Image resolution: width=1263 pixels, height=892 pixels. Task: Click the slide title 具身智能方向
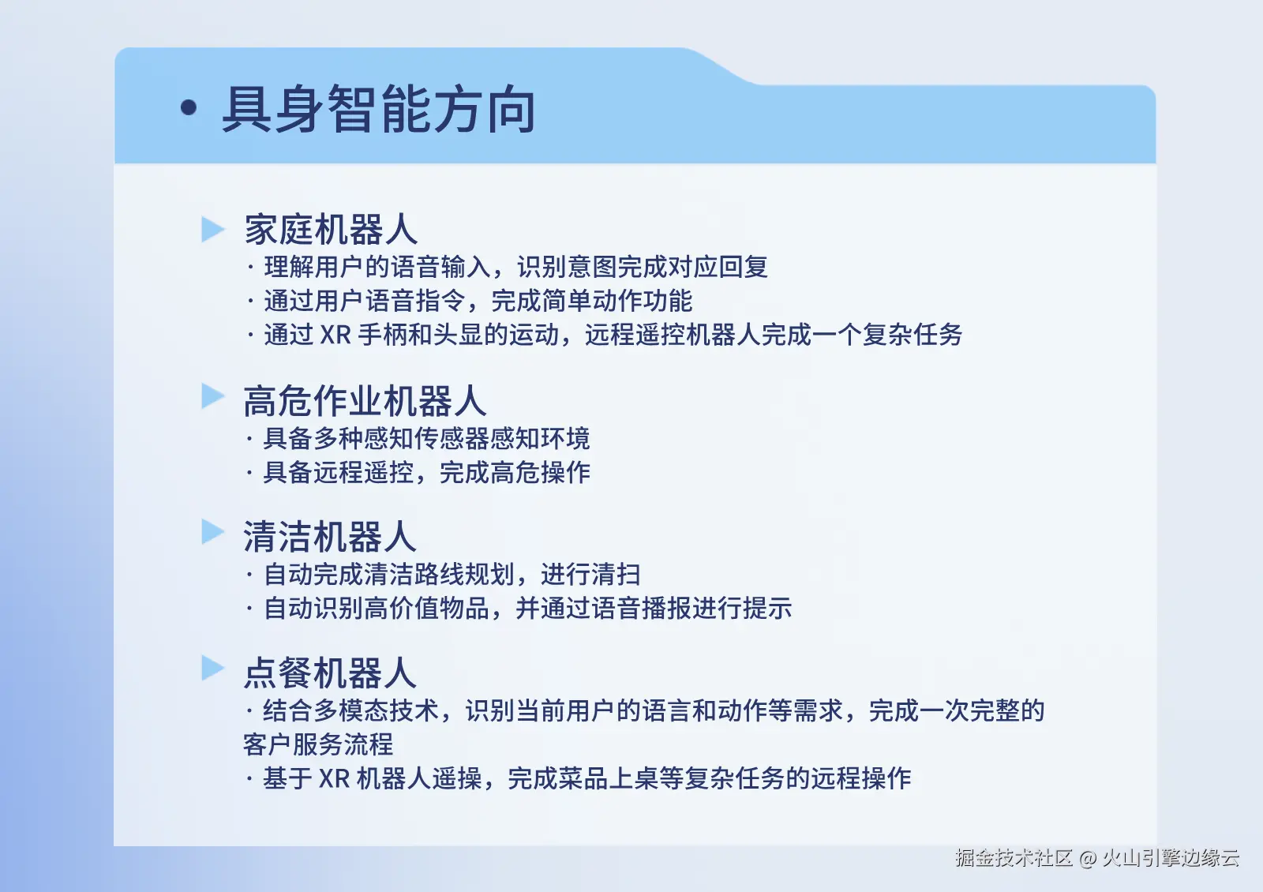[378, 110]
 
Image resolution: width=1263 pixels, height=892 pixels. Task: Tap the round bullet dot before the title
[189, 107]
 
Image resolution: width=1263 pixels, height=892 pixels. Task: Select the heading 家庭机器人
[331, 230]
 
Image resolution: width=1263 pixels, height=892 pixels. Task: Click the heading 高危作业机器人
[365, 401]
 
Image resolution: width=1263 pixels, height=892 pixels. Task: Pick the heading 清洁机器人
[330, 537]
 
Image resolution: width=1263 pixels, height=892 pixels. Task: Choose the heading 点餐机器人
[330, 673]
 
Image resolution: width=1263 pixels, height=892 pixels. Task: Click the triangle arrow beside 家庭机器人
[212, 229]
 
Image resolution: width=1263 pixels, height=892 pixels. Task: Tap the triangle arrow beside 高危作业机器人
[212, 395]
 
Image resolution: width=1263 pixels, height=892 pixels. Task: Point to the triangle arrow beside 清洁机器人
[212, 532]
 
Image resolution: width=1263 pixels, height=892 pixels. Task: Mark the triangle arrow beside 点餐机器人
[212, 668]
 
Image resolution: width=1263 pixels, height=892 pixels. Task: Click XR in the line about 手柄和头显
[335, 335]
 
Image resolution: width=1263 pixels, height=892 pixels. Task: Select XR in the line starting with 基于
[335, 778]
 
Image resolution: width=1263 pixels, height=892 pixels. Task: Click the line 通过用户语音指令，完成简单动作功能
[478, 301]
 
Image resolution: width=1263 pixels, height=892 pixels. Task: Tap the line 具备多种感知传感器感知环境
[427, 438]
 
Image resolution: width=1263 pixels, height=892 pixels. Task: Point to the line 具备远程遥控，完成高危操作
[427, 472]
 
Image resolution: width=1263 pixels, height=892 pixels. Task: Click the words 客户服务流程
[318, 744]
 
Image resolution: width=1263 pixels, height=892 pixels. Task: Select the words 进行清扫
[590, 575]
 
